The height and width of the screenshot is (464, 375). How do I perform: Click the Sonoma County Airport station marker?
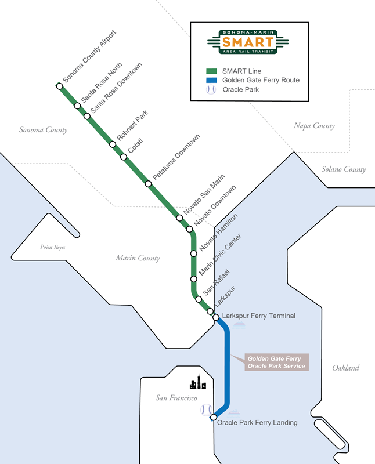(x=59, y=86)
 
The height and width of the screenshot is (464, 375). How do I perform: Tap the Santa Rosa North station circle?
(x=77, y=106)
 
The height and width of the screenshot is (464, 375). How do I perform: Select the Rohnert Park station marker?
(x=113, y=144)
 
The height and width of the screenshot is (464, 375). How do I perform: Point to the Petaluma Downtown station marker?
(x=149, y=184)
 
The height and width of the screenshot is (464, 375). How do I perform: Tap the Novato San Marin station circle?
(x=179, y=217)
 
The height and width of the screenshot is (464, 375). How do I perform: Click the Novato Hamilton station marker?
(x=194, y=253)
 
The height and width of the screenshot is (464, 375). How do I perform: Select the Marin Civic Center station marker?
(x=194, y=279)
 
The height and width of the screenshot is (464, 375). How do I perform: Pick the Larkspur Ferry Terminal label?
(x=259, y=316)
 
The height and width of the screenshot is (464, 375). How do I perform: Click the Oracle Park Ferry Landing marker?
(x=214, y=417)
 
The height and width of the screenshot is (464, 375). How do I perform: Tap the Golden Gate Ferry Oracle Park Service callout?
(x=276, y=362)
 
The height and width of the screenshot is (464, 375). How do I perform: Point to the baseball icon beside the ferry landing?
(x=206, y=409)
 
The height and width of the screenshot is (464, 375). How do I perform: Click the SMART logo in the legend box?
(x=248, y=41)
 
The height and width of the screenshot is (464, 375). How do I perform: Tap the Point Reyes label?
(x=54, y=247)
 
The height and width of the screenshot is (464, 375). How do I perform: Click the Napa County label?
(x=314, y=126)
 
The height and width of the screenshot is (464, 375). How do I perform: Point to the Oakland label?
(x=345, y=368)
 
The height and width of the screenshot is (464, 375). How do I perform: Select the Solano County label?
(x=344, y=169)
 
